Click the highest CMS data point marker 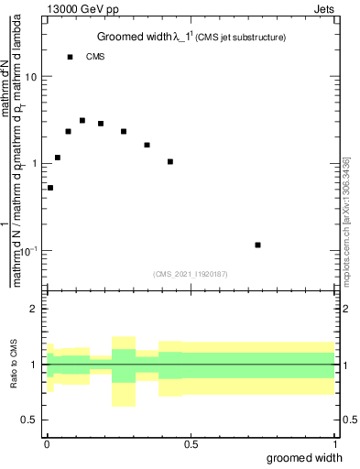click(82, 120)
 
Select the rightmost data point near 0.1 click(258, 245)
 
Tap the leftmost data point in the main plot click(50, 188)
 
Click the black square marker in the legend click(71, 57)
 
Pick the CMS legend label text click(95, 57)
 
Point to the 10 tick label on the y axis click(32, 77)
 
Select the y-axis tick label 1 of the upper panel click(35, 164)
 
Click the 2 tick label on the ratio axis click(35, 309)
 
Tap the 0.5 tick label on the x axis click(191, 443)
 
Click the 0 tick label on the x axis click(47, 443)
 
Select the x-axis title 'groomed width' click(305, 457)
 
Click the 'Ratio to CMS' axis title click(13, 364)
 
